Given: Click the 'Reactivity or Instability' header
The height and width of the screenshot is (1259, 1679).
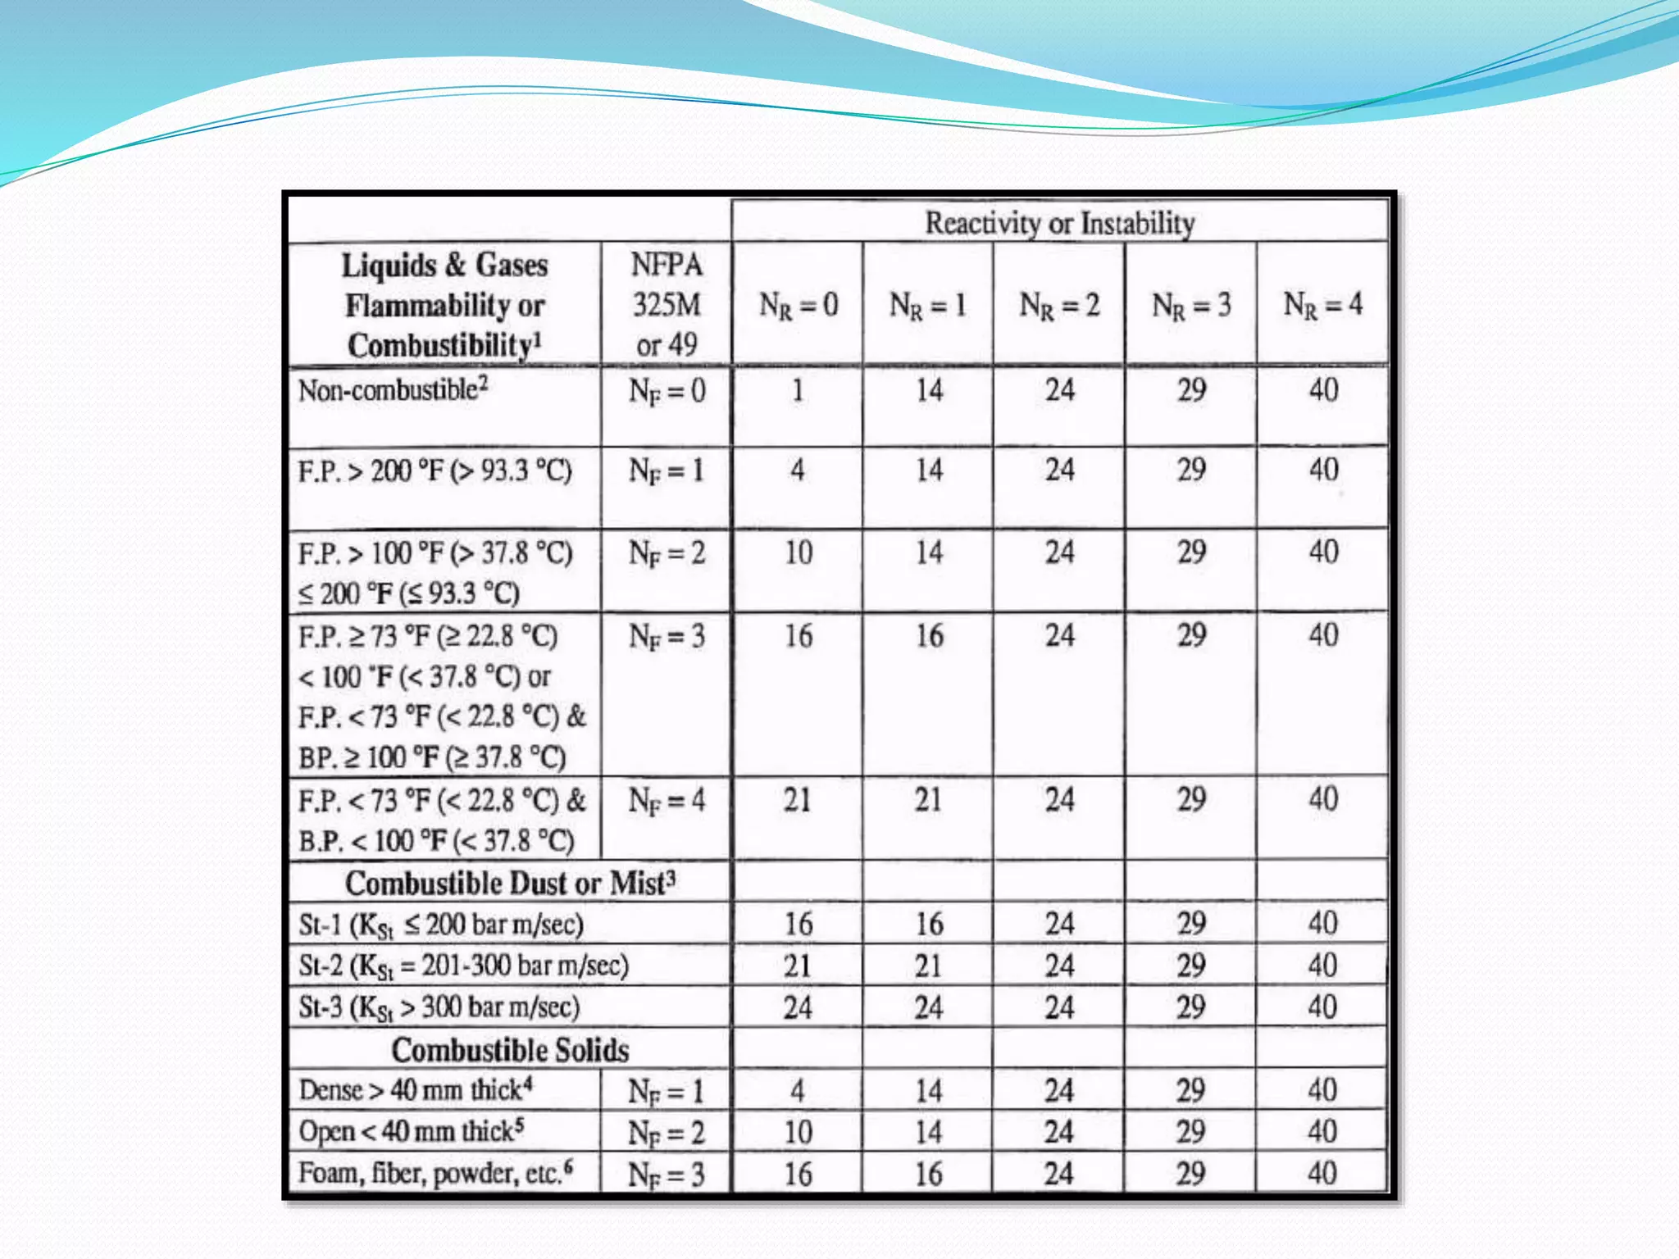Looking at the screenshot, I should click(1059, 223).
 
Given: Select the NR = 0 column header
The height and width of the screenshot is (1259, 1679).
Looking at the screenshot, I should click(798, 305).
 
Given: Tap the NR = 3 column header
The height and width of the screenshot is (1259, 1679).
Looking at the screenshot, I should click(1191, 305).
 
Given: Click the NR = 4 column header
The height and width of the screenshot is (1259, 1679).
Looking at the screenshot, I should click(1322, 304).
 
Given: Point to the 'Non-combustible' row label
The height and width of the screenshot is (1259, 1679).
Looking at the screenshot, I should click(393, 390).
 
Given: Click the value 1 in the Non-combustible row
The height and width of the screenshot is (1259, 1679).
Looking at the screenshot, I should click(798, 390).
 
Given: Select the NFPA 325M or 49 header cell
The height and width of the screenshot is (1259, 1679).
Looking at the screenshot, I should click(667, 305).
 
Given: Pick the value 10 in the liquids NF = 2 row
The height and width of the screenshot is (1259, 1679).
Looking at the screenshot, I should click(798, 552).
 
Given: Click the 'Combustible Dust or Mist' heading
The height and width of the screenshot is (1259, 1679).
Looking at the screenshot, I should click(510, 884).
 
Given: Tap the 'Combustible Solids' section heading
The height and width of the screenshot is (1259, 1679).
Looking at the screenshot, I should click(510, 1050).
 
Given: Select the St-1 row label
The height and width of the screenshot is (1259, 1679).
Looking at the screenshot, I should click(441, 925).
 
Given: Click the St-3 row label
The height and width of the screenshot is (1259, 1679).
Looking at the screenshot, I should click(439, 1007).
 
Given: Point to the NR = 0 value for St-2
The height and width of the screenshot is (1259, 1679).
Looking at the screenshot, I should click(798, 966).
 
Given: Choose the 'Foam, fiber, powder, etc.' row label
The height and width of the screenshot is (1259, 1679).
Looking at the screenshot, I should click(435, 1173).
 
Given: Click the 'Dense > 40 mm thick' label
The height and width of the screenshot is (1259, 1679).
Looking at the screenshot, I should click(416, 1090).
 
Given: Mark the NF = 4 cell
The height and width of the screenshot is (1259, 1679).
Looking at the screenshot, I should click(667, 800).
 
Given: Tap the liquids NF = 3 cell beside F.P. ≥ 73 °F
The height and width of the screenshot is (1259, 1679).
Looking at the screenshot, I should click(667, 636).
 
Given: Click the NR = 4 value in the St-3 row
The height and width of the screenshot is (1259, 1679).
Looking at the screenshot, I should click(1322, 1007).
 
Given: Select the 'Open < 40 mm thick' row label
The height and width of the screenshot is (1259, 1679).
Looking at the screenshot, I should click(411, 1132).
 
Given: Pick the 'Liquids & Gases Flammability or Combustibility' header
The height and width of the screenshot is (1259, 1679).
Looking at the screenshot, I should click(444, 305).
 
